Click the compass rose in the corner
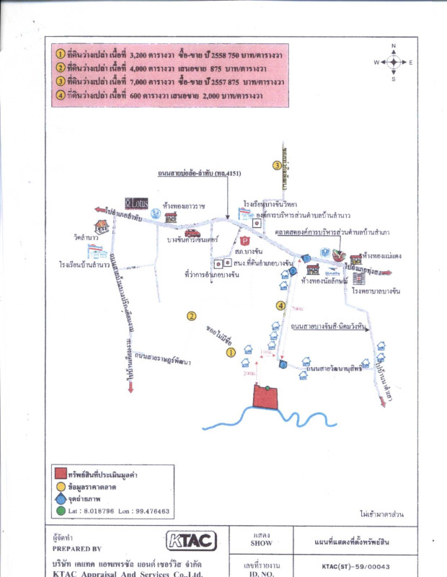(393, 62)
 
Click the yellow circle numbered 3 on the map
(276, 165)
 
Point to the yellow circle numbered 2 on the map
(192, 315)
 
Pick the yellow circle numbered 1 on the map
(231, 353)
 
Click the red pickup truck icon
(192, 233)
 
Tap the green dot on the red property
(266, 389)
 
